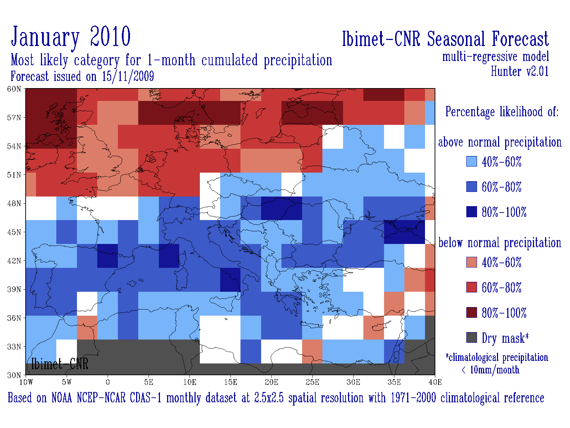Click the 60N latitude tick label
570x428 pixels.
[x=14, y=89]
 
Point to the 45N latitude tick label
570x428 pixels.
[x=14, y=232]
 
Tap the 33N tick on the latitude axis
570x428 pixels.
[x=14, y=347]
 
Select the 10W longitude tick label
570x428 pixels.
[x=26, y=382]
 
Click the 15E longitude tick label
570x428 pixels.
[x=230, y=382]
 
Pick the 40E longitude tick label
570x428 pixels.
[x=435, y=382]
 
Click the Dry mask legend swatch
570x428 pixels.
[x=472, y=337]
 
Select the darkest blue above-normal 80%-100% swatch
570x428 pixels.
[x=472, y=212]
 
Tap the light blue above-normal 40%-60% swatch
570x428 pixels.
[x=472, y=161]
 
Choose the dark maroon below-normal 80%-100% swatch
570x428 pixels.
[x=472, y=312]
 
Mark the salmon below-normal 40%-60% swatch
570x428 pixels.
[x=472, y=262]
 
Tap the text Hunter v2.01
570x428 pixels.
[x=519, y=71]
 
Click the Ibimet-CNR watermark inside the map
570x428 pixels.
[x=59, y=364]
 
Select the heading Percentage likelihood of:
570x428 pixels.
[x=502, y=112]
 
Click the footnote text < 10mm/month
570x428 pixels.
[x=490, y=370]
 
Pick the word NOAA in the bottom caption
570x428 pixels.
[x=62, y=398]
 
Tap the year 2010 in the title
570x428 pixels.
[x=110, y=37]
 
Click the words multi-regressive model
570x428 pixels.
[x=495, y=57]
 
